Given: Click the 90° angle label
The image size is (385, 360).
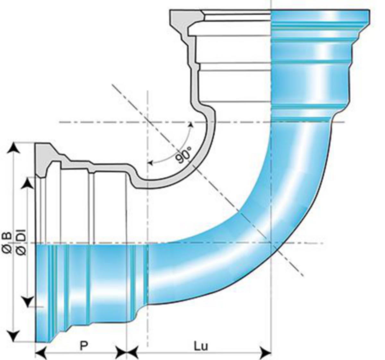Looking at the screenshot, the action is click(x=184, y=155).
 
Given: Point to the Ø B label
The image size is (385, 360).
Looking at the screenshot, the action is click(x=7, y=242).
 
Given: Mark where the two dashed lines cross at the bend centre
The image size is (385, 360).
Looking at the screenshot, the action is click(x=148, y=122).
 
